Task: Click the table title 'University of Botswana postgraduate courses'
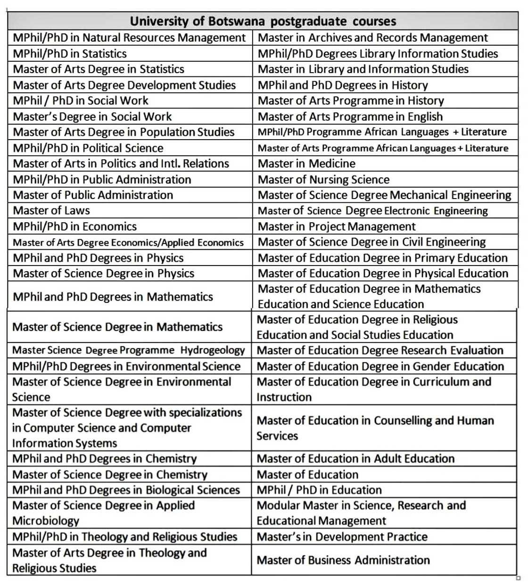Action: tap(263, 21)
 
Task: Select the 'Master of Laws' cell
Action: tap(51, 211)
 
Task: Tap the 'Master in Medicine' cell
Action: tap(306, 164)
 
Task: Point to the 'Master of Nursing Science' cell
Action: tap(323, 180)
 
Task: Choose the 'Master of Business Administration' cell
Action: tap(343, 560)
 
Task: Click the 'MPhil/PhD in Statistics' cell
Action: tap(70, 54)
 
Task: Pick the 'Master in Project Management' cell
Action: tap(337, 227)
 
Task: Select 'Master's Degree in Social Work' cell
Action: tap(92, 116)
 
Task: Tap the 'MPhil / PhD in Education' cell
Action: tap(319, 490)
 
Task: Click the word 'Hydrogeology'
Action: tap(213, 350)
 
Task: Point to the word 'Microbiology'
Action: tap(46, 521)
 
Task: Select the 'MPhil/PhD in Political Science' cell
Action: tap(88, 148)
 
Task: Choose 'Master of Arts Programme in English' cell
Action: tap(350, 116)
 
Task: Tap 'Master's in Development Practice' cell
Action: tap(342, 537)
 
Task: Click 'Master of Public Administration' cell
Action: tap(93, 195)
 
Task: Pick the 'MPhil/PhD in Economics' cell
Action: tap(75, 227)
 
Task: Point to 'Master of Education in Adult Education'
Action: tap(355, 459)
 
